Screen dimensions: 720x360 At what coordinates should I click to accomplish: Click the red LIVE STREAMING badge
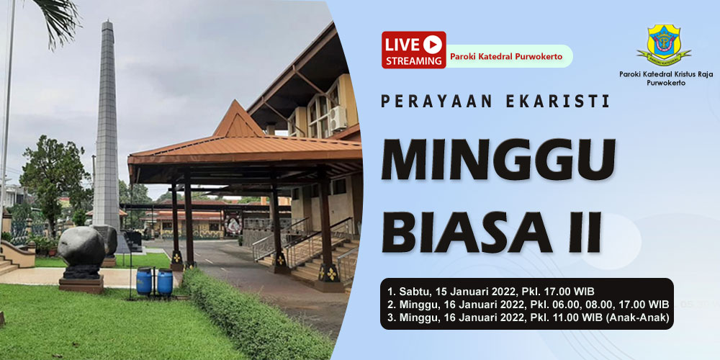coord(414,50)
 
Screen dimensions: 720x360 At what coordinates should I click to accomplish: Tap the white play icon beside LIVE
coord(433,44)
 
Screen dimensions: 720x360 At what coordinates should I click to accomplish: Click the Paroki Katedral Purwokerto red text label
coord(506,56)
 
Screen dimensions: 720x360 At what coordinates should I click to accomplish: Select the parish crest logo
coord(664,45)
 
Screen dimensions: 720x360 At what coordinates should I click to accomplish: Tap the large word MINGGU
coord(498,159)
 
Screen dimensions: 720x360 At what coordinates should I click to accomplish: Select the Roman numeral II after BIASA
coord(584,233)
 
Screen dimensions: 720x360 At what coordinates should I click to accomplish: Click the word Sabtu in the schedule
coord(412,292)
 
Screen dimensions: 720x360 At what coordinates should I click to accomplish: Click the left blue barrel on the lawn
coord(144,281)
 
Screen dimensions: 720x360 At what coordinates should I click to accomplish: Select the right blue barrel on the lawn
coord(165,282)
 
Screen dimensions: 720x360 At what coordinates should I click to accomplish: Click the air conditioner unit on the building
coord(338,119)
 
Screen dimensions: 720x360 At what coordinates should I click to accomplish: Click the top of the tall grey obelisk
coord(107,22)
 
